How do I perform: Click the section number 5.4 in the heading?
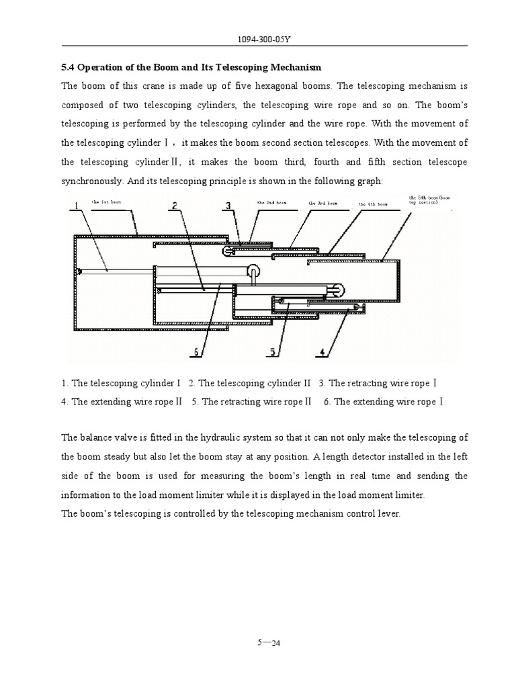point(69,67)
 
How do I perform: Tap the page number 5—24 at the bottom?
point(267,643)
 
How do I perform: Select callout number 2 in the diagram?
point(174,206)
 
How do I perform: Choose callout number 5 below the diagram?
point(273,351)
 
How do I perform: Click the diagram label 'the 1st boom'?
point(106,202)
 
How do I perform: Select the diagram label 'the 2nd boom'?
point(271,202)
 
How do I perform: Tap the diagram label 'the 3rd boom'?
point(322,203)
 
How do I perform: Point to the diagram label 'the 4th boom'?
point(373,204)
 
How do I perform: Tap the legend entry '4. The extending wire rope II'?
point(122,402)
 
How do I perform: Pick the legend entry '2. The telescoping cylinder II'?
point(250,383)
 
